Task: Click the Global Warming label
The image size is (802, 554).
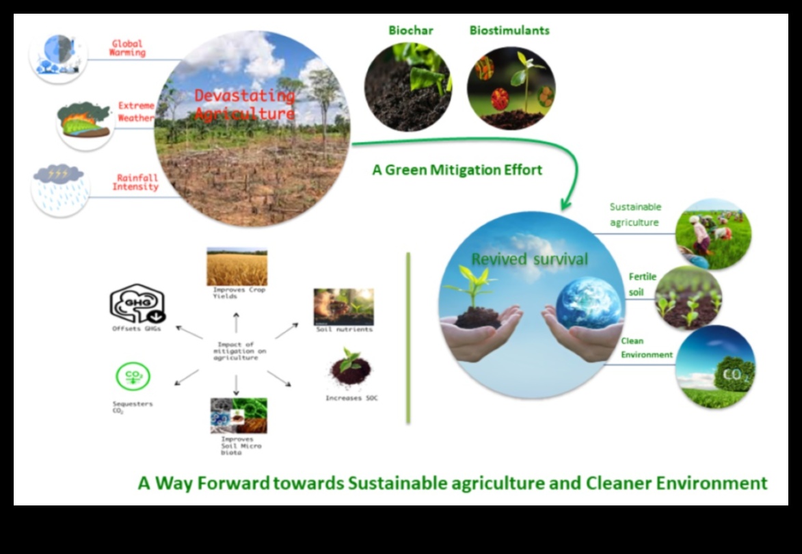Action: click(x=129, y=49)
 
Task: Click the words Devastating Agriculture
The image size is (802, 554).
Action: click(x=244, y=105)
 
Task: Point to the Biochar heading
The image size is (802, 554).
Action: click(x=410, y=31)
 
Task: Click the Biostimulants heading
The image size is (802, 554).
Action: click(x=509, y=31)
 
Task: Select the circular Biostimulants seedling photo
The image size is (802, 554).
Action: click(x=511, y=88)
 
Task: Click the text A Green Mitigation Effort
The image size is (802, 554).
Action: click(x=457, y=170)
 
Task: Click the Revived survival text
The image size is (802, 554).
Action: click(x=529, y=259)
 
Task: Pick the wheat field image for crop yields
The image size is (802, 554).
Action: click(x=237, y=267)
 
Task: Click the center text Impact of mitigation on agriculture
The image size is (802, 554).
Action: click(x=236, y=351)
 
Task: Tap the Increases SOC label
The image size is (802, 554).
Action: click(x=351, y=398)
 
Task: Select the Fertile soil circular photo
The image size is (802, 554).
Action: click(x=688, y=299)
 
